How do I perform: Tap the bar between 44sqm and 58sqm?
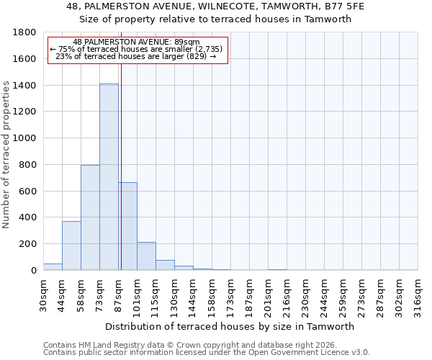pos(71,246)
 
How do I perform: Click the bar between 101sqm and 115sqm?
pos(146,256)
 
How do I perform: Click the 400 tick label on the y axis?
pos(29,217)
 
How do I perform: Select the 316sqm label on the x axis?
pos(418,295)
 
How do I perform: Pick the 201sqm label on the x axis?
pos(268,295)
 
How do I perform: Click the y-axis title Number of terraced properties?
pos(6,155)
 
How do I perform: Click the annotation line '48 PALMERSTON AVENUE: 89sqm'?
pos(137,42)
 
